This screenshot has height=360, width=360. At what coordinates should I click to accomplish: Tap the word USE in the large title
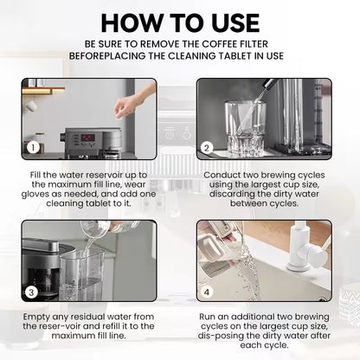235,23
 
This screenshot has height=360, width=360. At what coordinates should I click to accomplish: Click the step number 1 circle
33,148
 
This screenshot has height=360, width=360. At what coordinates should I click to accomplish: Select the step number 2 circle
207,148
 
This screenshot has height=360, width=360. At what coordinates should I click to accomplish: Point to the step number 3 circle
31,292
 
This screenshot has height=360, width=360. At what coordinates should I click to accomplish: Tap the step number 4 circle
206,292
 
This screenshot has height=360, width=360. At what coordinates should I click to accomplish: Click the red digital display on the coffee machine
87,137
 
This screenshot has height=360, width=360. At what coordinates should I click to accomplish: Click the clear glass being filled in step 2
245,127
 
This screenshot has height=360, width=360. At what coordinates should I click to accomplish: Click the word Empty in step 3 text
36,317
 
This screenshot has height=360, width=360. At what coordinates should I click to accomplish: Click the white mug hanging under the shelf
31,105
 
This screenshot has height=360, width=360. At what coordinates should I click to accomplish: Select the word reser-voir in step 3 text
61,326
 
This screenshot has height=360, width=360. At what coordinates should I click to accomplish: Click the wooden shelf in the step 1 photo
43,91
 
